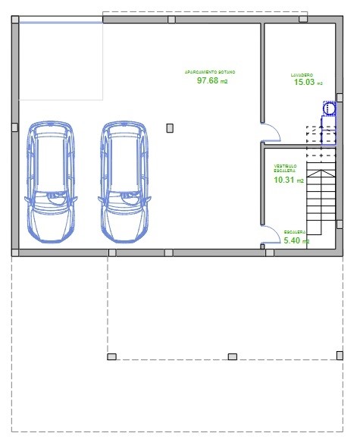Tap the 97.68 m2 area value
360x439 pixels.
pos(211,80)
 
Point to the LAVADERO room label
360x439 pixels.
pos(302,75)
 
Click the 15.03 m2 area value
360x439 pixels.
pos(307,83)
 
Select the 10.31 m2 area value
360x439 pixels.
pos(288,180)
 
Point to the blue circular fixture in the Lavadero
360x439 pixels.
pos(329,109)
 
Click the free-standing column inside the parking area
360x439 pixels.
pos(170,128)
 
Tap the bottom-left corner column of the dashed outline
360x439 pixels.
pos(111,356)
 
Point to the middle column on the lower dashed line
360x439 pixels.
pos(233,356)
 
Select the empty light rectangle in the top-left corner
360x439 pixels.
pos(59,61)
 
